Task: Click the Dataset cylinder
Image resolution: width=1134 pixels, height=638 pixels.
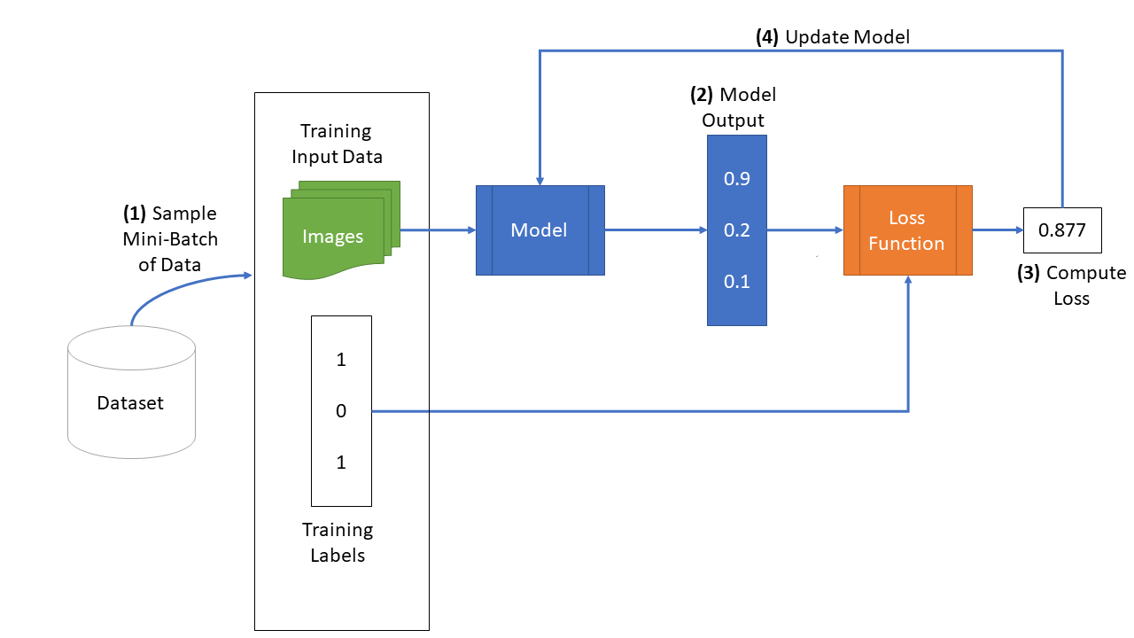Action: tap(132, 393)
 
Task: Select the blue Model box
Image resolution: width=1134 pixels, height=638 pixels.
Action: tap(540, 230)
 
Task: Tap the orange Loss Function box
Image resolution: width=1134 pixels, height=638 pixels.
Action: tap(908, 230)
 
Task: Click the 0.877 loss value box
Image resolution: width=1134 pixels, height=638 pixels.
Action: tap(1062, 230)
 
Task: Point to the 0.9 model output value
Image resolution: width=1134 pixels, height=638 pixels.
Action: tap(736, 179)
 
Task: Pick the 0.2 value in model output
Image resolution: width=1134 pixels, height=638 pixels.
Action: tap(736, 230)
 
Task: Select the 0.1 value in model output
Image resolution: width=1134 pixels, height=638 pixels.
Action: tap(736, 282)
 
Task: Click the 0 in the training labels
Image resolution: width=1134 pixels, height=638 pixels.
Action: tap(341, 411)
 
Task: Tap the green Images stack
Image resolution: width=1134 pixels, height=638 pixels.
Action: tap(341, 230)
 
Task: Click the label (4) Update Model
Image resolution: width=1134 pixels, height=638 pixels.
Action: tap(833, 37)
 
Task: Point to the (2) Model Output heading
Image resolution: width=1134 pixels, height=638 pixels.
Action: tap(733, 107)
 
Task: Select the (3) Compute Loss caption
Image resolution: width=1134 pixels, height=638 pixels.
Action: tap(1072, 285)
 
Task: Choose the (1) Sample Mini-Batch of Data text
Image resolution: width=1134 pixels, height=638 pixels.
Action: tap(170, 239)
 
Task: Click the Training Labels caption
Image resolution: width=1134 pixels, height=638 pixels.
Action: tap(338, 542)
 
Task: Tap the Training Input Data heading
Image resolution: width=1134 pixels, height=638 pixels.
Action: tap(337, 144)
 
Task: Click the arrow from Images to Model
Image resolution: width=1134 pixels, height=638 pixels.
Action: tap(438, 230)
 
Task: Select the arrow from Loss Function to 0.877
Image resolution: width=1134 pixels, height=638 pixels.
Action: tap(998, 230)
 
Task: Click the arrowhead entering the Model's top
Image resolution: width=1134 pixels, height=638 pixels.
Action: tap(540, 182)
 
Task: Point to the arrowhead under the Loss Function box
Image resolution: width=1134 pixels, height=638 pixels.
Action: tap(908, 280)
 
